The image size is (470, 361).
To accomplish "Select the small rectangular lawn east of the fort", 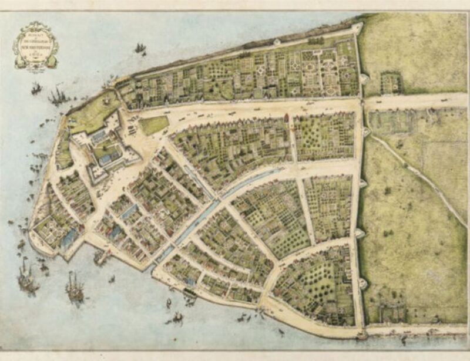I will click(x=153, y=124).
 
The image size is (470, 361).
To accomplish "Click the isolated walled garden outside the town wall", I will click(x=390, y=83).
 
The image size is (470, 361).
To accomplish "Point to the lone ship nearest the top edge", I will click(x=140, y=48).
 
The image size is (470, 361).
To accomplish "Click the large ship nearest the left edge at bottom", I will click(x=26, y=276).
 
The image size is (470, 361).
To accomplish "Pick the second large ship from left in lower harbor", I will click(x=75, y=288).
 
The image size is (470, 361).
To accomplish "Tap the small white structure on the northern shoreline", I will click(x=276, y=42).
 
